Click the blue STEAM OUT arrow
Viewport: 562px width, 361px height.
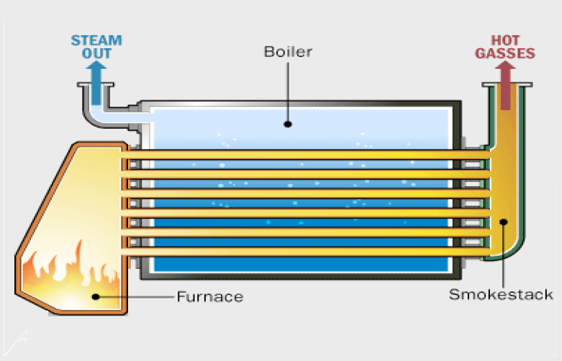pos(94,72)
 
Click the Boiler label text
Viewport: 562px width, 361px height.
pos(288,52)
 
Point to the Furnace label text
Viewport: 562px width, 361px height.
pos(209,296)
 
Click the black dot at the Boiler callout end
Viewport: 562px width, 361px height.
pos(287,123)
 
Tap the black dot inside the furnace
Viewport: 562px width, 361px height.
pos(94,296)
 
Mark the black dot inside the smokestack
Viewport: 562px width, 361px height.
pos(504,222)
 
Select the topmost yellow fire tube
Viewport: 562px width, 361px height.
pos(302,154)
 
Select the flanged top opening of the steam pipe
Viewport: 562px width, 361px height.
pos(94,86)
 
